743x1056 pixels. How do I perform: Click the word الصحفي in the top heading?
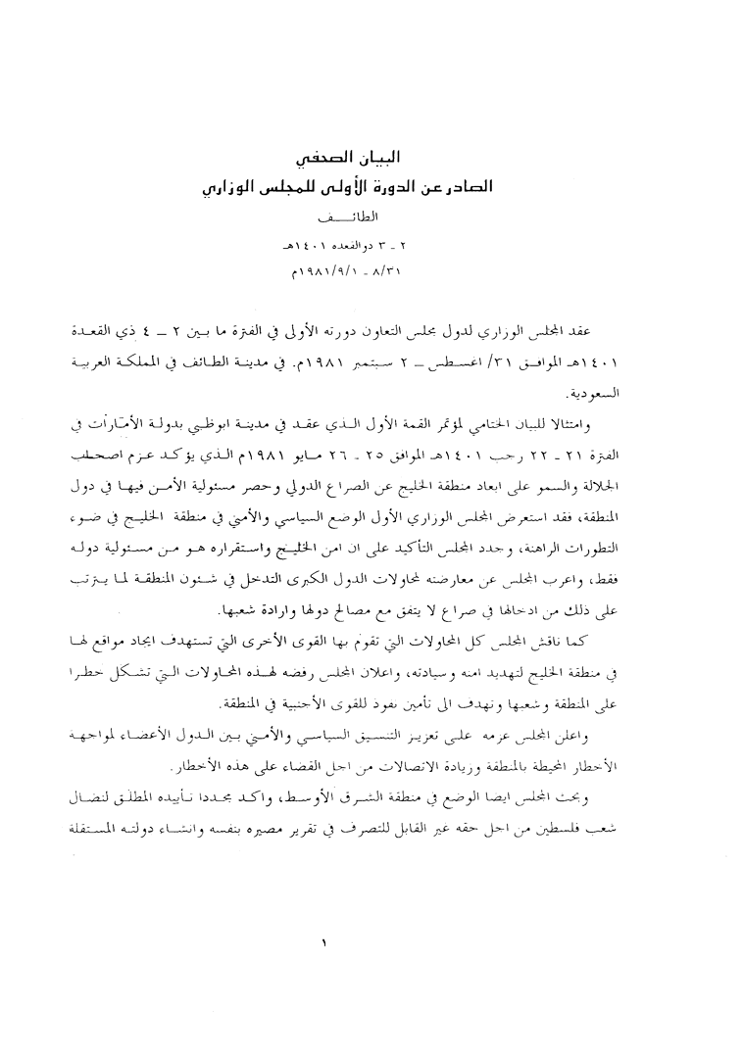tap(338, 159)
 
